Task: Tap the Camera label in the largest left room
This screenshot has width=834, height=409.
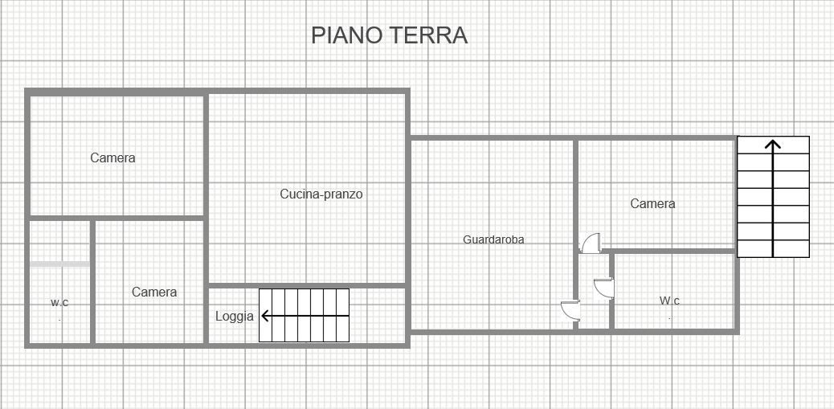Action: tap(112, 158)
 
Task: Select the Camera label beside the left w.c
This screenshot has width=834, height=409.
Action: tap(154, 292)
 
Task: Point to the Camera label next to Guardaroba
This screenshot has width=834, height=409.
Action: tap(652, 204)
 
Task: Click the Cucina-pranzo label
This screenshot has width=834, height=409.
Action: tap(321, 194)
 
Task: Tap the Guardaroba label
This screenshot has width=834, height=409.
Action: tap(493, 239)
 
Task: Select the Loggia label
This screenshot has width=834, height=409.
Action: tap(235, 317)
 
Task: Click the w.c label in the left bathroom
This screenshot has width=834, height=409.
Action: tap(59, 303)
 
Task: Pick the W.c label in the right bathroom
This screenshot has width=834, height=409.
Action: tap(669, 301)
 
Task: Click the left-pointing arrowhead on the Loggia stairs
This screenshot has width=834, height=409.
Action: tap(266, 316)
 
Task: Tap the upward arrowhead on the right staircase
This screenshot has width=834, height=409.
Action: tap(773, 144)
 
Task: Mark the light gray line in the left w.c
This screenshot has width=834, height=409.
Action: tap(59, 264)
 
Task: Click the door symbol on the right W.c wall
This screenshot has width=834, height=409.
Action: tap(604, 288)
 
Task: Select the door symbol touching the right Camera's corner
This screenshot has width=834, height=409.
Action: tap(591, 243)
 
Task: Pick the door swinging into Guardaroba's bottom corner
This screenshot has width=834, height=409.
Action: tap(570, 310)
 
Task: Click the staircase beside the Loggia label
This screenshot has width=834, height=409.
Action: tap(305, 316)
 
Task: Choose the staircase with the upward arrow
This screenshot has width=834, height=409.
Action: tap(774, 197)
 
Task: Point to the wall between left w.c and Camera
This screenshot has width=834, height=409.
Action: tap(92, 282)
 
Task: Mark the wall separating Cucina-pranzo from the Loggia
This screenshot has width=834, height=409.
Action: tap(307, 285)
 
